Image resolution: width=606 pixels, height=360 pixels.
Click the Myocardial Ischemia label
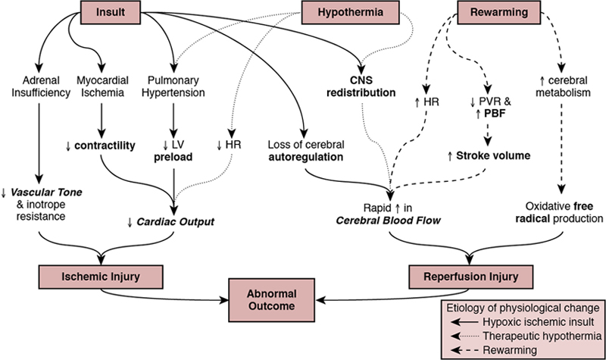102,86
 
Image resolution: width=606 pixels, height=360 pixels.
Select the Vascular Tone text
45,194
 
